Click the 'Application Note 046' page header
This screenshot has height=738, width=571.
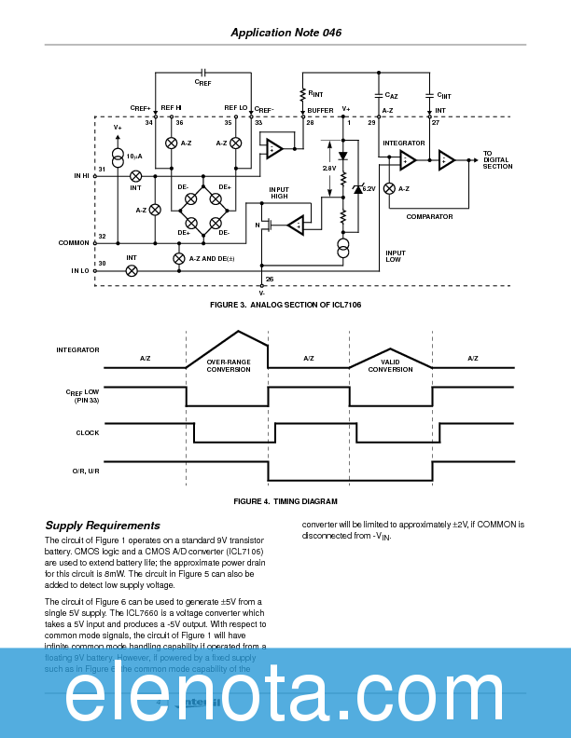click(x=285, y=33)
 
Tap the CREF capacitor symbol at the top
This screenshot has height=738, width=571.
click(x=203, y=72)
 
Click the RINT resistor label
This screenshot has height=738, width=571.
click(x=315, y=93)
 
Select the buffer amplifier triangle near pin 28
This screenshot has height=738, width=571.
click(x=273, y=148)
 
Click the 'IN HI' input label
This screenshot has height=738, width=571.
click(x=82, y=175)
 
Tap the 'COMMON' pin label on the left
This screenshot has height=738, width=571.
click(x=75, y=242)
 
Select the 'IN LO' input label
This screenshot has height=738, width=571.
click(x=81, y=270)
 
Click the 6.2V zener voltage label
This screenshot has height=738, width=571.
click(x=369, y=188)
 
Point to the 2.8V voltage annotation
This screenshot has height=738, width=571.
click(x=329, y=169)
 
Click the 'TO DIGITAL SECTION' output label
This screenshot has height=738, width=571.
click(x=497, y=159)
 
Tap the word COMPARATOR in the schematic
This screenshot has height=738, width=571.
click(x=429, y=216)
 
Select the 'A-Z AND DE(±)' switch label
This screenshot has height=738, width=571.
click(x=212, y=258)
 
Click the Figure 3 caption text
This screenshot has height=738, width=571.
click(x=285, y=306)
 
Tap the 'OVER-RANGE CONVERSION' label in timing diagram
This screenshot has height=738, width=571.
click(x=229, y=365)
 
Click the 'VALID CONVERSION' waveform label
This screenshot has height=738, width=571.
click(x=390, y=365)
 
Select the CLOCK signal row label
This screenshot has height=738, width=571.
click(x=88, y=432)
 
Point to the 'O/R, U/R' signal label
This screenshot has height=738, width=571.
click(x=86, y=471)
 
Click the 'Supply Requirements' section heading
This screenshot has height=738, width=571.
click(x=103, y=526)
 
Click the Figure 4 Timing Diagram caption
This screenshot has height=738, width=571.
click(x=285, y=501)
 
